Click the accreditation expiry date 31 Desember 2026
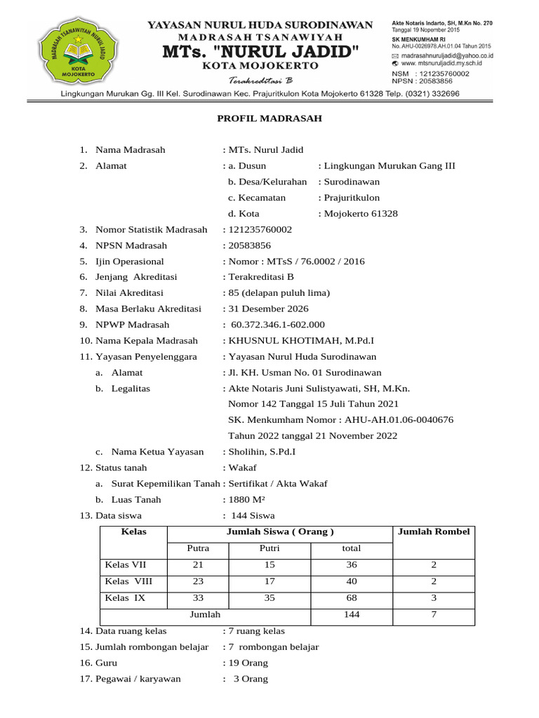[267, 309]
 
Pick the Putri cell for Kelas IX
[270, 598]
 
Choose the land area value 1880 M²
[246, 500]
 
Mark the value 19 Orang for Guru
[247, 663]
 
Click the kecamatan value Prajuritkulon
[351, 198]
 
